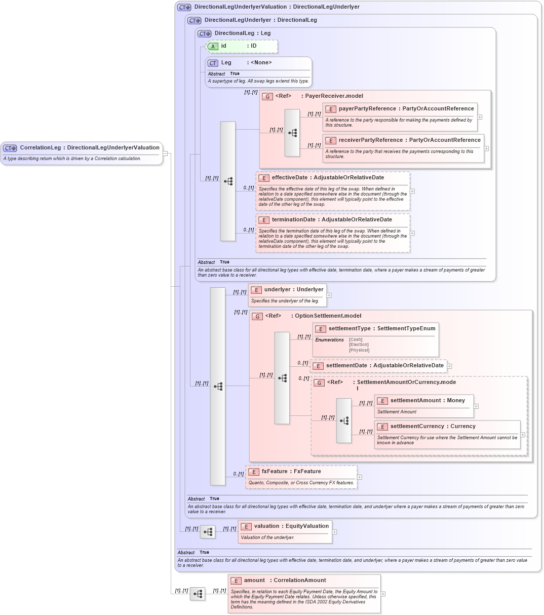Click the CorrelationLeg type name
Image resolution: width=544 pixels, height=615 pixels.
(x=41, y=148)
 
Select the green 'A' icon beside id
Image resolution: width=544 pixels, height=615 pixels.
(x=213, y=46)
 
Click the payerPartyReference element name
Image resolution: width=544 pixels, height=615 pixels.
(x=367, y=109)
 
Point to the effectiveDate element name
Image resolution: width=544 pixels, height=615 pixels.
(x=290, y=178)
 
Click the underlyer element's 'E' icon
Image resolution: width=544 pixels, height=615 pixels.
(x=256, y=290)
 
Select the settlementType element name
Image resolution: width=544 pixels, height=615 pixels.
(x=349, y=329)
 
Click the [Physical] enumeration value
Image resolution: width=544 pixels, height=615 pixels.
(x=359, y=350)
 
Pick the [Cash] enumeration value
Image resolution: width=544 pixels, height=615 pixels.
(x=356, y=340)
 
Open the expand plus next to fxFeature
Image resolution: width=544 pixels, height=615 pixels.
(x=360, y=477)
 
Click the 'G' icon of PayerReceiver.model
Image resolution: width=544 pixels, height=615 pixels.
(x=267, y=96)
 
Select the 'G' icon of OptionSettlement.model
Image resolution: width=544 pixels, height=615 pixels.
(x=257, y=316)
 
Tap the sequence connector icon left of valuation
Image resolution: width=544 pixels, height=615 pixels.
(x=208, y=532)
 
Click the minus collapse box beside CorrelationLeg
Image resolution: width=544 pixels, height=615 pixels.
(x=165, y=153)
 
